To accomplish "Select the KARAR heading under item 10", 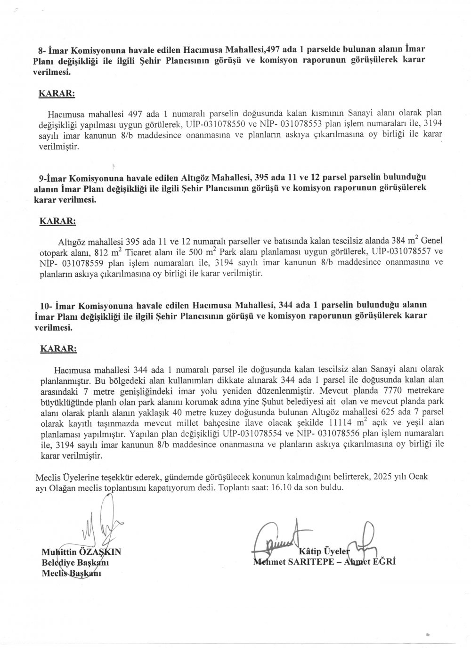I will click(x=58, y=349).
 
